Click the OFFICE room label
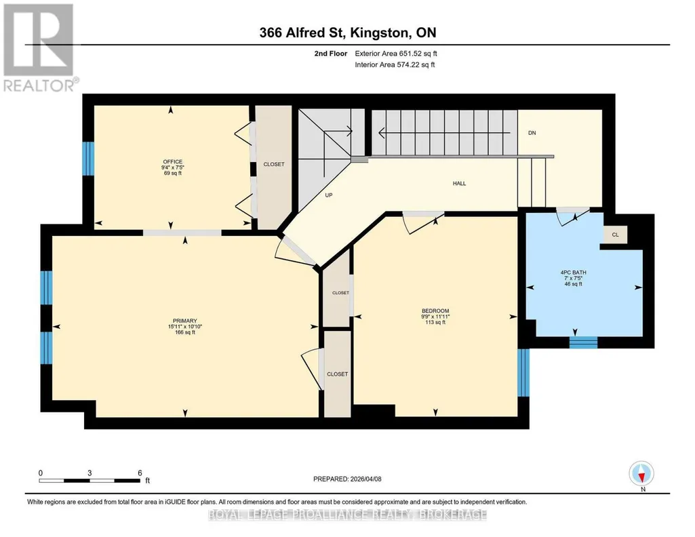(172, 162)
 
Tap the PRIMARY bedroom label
(185, 321)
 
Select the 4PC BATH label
(573, 273)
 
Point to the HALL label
(459, 183)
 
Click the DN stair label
(532, 132)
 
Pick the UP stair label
(328, 195)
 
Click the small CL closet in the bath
(615, 235)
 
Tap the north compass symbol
(641, 474)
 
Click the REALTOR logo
(39, 47)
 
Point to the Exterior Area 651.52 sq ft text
(396, 53)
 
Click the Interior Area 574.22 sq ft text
(395, 64)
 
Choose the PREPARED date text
(347, 479)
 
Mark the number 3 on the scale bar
(90, 473)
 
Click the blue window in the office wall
(88, 159)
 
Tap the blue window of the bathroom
(583, 342)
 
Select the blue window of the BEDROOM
(523, 373)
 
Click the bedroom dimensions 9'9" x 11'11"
(435, 317)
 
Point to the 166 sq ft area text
(185, 332)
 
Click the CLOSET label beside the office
(274, 164)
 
